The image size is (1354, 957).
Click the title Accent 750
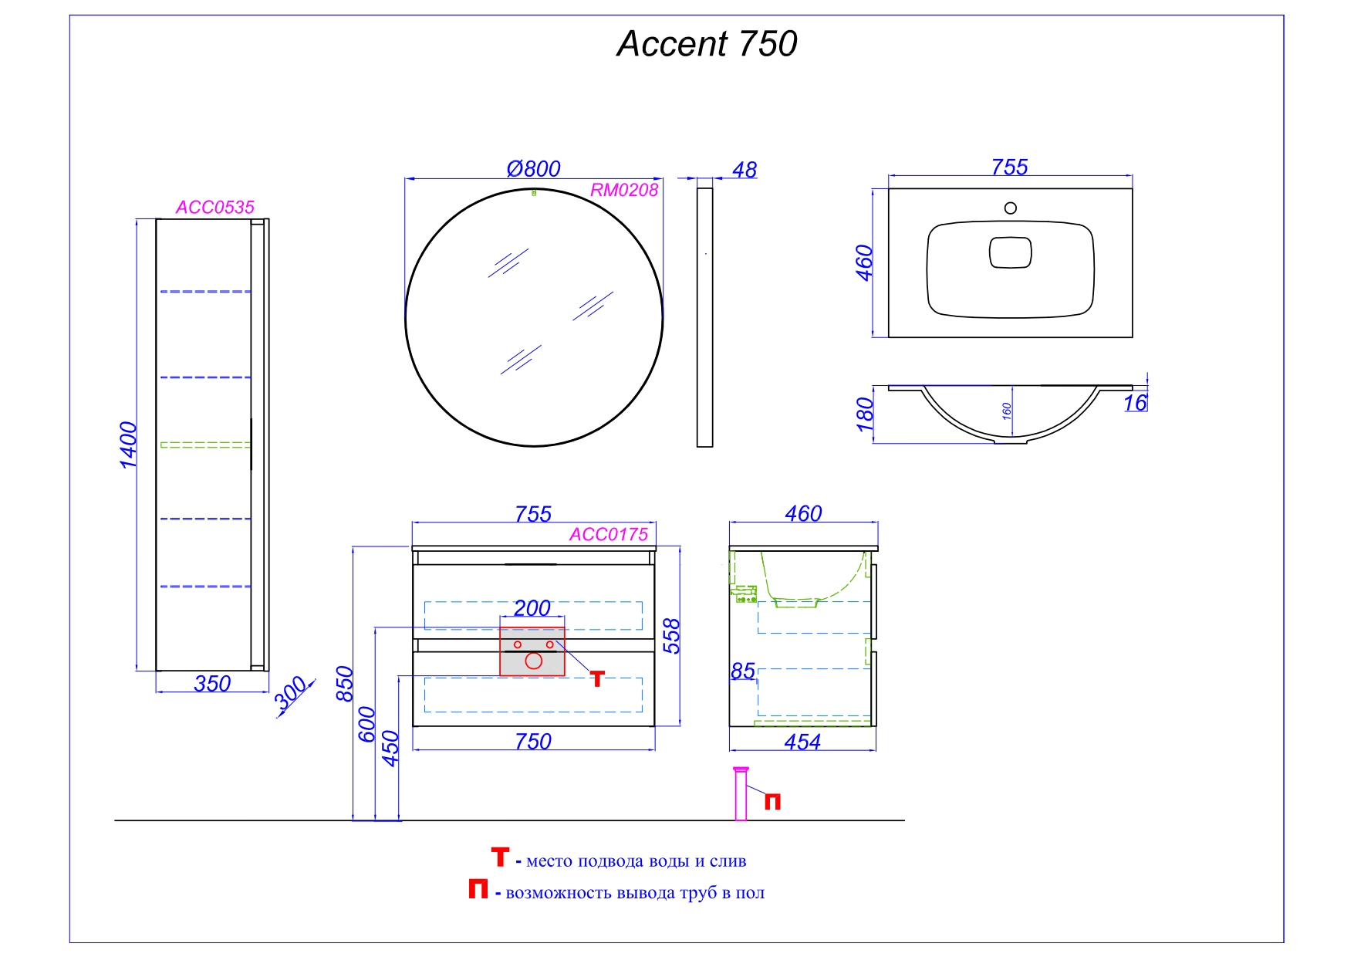707,44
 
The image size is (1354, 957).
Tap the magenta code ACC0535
214,207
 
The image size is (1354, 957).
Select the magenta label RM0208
624,190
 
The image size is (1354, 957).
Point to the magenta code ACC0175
609,534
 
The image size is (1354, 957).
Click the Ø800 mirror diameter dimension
533,168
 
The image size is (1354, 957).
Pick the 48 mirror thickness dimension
744,170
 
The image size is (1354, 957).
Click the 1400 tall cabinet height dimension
128,445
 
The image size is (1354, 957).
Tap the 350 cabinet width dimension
212,684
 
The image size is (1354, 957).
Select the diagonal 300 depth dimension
292,694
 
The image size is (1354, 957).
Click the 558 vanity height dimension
672,636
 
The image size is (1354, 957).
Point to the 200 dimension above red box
532,608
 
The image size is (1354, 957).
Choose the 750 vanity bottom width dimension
533,742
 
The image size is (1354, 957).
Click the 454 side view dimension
802,742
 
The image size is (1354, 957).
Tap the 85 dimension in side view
742,671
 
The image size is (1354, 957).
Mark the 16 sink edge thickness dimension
1135,403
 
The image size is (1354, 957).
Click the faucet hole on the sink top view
1010,208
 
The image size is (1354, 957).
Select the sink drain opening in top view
1010,252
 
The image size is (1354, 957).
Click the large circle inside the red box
533,661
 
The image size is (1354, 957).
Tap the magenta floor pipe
741,795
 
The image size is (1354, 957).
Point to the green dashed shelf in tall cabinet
205,445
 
